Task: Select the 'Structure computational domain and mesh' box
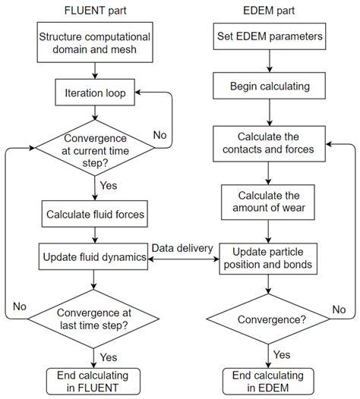point(93,42)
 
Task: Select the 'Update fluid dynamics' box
point(93,258)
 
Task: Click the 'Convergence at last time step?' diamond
point(93,319)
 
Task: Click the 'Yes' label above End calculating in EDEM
point(281,354)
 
